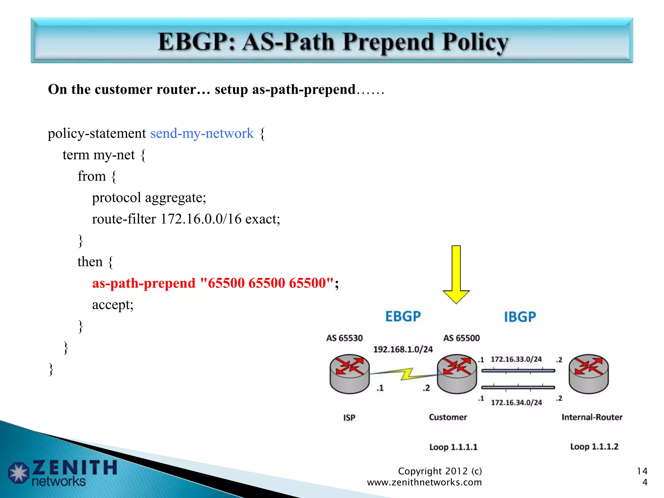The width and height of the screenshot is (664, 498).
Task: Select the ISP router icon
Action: (350, 373)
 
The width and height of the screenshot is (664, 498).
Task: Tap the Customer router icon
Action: (457, 373)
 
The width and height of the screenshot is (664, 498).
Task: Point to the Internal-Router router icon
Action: (589, 373)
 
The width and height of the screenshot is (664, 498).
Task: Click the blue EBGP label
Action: (403, 316)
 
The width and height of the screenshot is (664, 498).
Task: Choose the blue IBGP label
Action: (520, 317)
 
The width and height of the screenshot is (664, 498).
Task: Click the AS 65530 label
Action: (344, 338)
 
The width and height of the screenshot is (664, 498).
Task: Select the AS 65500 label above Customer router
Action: (461, 338)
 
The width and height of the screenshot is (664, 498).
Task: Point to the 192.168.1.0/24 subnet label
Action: (403, 350)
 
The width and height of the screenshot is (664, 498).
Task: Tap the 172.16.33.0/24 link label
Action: (516, 359)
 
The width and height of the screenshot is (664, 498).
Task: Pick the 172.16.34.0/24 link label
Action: (516, 403)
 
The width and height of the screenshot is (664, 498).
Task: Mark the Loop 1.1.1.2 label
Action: (594, 447)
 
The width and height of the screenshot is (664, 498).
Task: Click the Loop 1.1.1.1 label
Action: (453, 447)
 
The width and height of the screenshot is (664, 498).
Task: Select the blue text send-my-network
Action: (202, 133)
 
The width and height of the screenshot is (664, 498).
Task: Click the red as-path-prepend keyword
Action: (144, 283)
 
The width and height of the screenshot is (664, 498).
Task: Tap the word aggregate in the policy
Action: (175, 197)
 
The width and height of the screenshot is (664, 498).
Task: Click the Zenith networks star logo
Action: (18, 472)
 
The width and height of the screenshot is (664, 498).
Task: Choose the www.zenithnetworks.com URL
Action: (424, 482)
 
